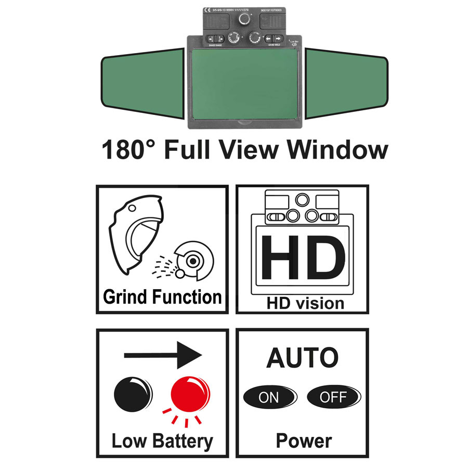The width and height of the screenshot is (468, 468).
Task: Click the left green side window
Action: click(142, 83)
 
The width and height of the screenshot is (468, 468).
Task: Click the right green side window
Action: click(346, 83)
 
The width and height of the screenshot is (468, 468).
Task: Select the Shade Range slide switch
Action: click(214, 38)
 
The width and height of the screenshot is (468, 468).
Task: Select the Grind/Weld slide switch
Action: click(274, 38)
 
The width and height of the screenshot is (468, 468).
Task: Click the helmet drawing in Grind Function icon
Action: click(136, 234)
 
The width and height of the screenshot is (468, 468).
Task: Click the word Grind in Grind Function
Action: click(125, 297)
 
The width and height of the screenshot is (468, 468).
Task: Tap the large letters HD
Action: click(303, 258)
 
